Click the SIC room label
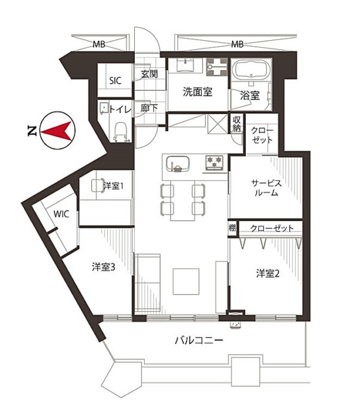click(x=115, y=80)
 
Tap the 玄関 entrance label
click(x=149, y=74)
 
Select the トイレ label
click(x=121, y=109)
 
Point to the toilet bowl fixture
click(x=121, y=132)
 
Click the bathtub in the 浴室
click(x=251, y=69)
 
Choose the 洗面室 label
click(x=197, y=92)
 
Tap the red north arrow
click(x=56, y=131)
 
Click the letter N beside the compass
click(x=32, y=131)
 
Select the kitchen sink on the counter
click(x=178, y=164)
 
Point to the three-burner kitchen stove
click(x=215, y=163)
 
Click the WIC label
click(x=61, y=214)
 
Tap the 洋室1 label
click(x=114, y=186)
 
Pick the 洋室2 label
click(x=268, y=274)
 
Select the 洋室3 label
click(x=103, y=267)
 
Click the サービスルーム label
click(x=267, y=187)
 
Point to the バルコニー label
click(x=198, y=340)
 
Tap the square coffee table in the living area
click(x=186, y=281)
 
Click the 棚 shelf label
click(x=232, y=228)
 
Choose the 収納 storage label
click(x=236, y=124)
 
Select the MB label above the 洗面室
click(x=237, y=44)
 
